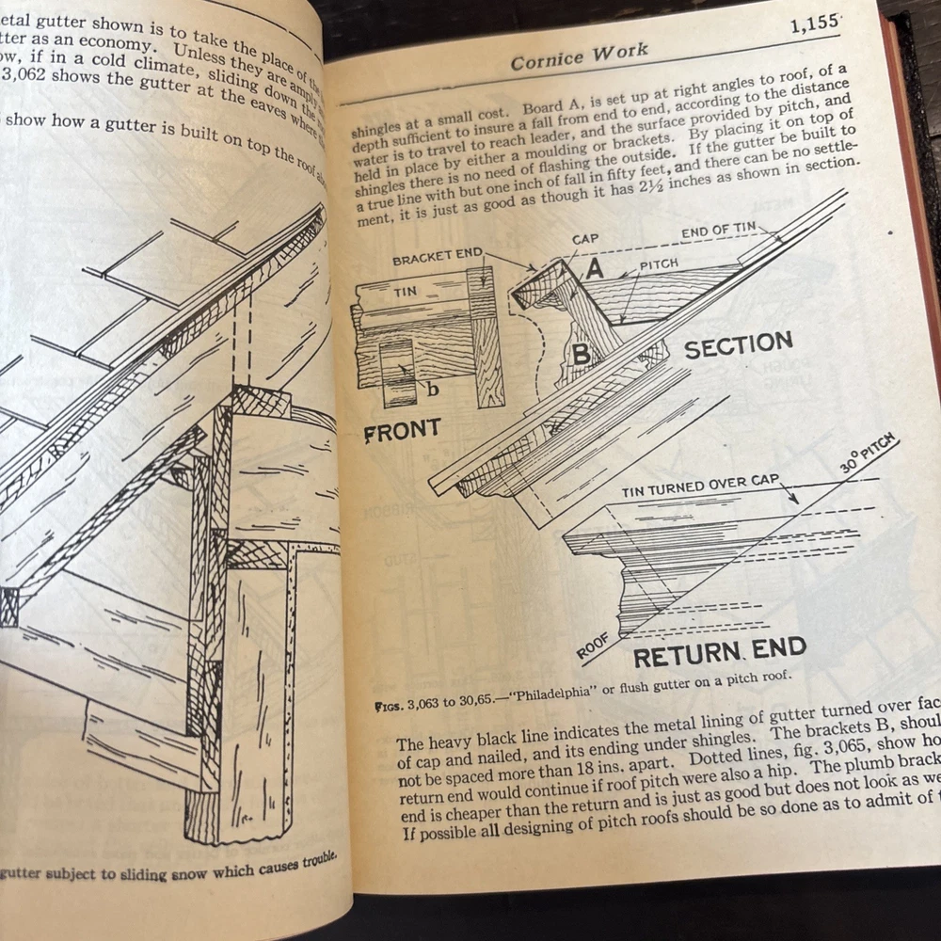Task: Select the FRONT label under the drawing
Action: pos(402,432)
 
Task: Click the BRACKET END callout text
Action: pos(438,257)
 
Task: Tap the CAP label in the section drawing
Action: pos(586,240)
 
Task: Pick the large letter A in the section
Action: pos(596,269)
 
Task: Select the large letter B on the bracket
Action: pos(581,355)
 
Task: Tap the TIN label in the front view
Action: pos(405,292)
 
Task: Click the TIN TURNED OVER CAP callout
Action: pos(700,486)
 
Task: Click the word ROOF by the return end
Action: pos(592,646)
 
